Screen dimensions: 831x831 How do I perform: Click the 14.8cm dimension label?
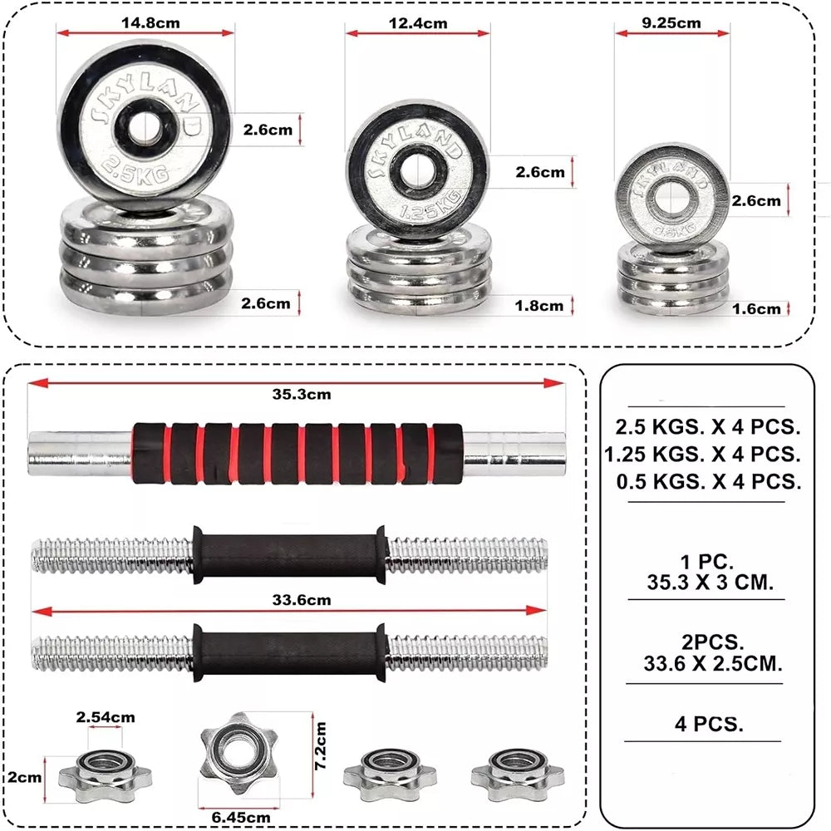tap(150, 22)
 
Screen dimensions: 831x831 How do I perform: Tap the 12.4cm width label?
tap(418, 23)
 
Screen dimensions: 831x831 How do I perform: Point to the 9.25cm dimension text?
tap(671, 22)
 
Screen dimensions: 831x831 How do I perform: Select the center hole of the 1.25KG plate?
tap(416, 170)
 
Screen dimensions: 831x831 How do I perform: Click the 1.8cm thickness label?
tap(539, 306)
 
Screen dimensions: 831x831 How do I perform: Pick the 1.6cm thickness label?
tap(756, 309)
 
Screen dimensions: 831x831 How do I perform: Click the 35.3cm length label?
tap(302, 394)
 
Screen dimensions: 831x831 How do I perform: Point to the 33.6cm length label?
tap(302, 600)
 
